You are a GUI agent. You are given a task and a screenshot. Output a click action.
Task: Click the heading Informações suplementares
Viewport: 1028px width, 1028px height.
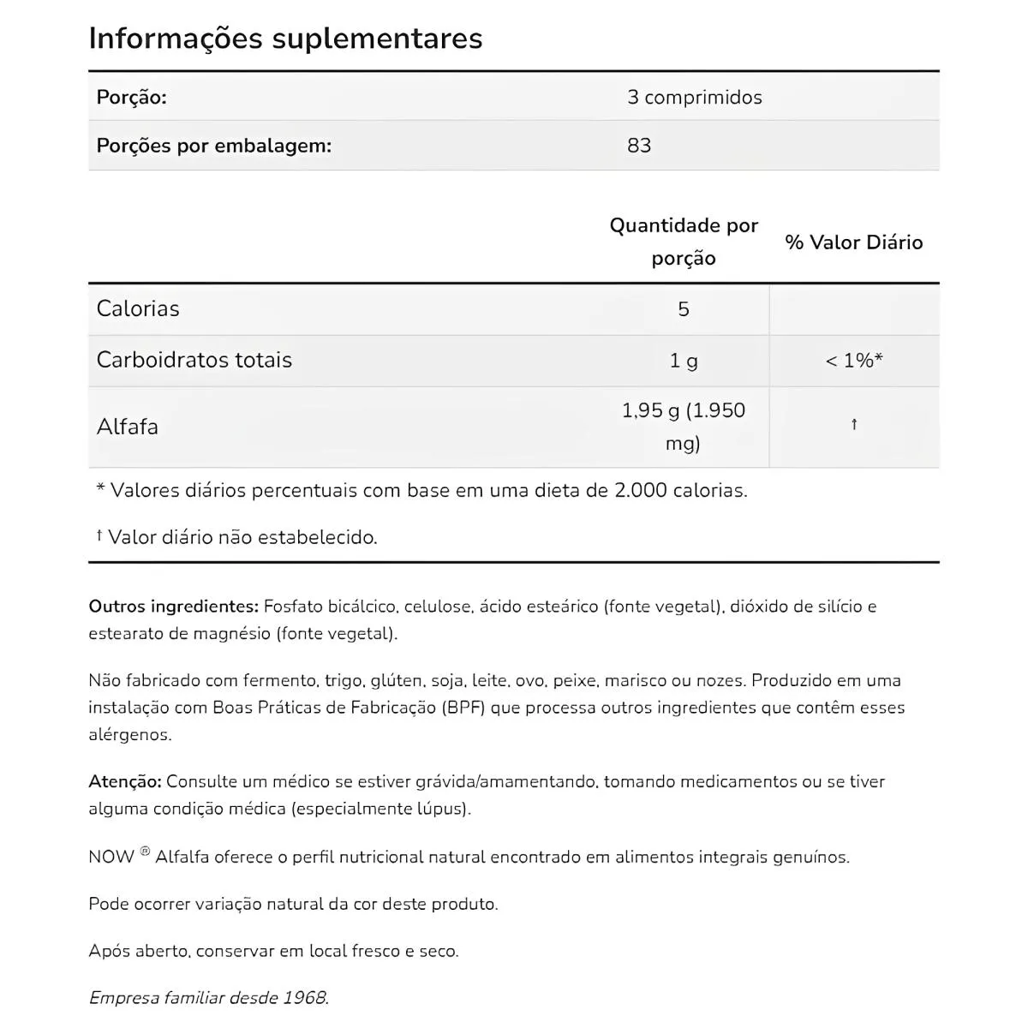(285, 39)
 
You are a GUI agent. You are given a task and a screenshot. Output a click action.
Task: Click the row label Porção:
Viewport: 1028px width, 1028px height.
(131, 97)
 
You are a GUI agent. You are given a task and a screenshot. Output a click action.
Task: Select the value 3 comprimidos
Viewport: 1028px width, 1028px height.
(694, 97)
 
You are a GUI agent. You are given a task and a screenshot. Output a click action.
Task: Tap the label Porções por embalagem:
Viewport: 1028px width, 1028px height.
(213, 146)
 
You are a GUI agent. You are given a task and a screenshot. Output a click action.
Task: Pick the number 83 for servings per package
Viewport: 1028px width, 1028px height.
(639, 146)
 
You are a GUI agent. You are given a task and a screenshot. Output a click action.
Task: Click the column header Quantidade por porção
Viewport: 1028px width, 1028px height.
(684, 242)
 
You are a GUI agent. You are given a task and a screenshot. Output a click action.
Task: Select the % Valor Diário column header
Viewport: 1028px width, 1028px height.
(853, 242)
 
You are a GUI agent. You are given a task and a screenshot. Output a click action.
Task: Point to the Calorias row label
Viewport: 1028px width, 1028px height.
(138, 308)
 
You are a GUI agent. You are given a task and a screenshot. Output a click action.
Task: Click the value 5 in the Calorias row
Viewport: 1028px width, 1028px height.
(684, 309)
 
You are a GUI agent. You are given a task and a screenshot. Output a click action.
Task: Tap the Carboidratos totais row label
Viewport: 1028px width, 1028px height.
(194, 360)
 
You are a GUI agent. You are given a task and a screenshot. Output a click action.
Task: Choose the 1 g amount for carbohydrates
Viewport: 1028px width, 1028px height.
(684, 361)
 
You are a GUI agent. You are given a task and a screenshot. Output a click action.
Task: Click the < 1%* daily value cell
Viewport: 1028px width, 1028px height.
(853, 361)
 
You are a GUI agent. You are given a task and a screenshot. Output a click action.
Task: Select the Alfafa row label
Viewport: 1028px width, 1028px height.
(127, 427)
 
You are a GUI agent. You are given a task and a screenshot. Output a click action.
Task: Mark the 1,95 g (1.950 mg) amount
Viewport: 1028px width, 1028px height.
(684, 427)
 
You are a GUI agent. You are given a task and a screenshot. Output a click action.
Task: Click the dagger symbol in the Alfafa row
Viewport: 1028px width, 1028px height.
(854, 425)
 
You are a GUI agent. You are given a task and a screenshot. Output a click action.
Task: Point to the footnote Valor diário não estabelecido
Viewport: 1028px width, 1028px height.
(242, 537)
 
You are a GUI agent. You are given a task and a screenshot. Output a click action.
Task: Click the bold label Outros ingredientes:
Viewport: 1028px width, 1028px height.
(173, 607)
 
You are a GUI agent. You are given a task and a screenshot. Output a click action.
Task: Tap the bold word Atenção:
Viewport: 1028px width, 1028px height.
(124, 781)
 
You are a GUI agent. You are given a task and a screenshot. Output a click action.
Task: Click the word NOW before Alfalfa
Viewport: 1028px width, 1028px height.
(111, 857)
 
